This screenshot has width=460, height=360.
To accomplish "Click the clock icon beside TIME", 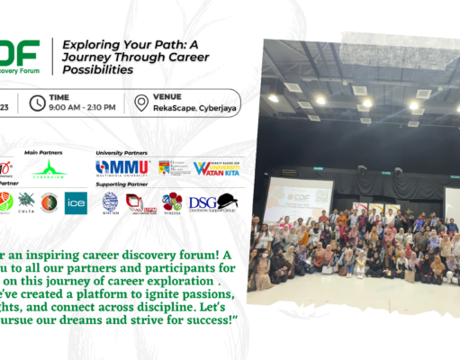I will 38,103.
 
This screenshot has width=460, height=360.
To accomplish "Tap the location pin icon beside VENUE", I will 141,103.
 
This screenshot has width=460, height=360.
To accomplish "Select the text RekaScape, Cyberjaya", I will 187,109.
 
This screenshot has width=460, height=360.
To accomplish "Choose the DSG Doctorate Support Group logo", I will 212,202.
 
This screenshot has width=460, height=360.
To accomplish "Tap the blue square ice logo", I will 74,202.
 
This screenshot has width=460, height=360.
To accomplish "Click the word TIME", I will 62,95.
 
